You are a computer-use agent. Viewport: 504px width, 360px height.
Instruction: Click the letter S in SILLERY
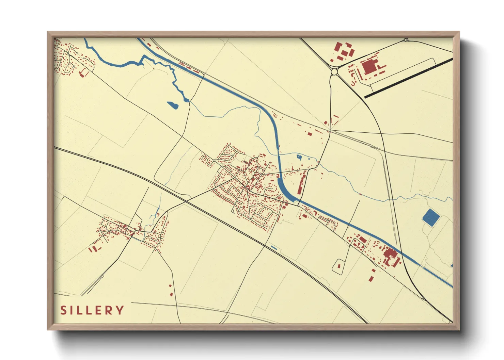click(x=63, y=310)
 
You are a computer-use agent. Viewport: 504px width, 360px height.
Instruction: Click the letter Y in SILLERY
click(x=120, y=310)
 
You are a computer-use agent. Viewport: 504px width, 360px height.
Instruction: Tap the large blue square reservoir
click(x=430, y=218)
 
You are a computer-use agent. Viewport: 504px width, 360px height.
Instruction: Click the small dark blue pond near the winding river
click(x=172, y=105)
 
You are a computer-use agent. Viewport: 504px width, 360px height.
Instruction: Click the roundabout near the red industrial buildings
click(x=334, y=72)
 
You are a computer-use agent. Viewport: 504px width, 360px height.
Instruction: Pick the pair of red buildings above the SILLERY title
click(x=171, y=290)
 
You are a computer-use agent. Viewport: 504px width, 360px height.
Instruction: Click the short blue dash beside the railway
click(x=274, y=247)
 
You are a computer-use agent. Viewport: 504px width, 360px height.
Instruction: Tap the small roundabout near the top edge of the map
click(x=406, y=40)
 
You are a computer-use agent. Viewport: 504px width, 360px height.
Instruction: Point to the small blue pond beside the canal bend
click(x=299, y=157)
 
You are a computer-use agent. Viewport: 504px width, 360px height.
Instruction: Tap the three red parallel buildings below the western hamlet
click(x=93, y=249)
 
